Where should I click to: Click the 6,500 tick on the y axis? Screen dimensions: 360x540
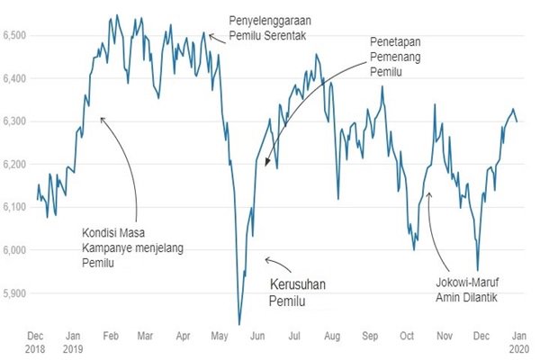(17, 35)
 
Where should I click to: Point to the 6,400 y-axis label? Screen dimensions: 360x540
(17, 78)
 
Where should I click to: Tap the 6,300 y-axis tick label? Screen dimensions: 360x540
(17, 121)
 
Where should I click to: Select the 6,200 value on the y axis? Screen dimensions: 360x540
(17, 164)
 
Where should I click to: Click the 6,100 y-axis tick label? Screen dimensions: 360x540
(17, 207)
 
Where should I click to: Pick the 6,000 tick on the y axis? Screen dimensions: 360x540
(17, 249)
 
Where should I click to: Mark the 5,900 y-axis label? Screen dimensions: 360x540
(17, 292)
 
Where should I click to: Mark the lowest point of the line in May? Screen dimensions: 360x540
(238, 324)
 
